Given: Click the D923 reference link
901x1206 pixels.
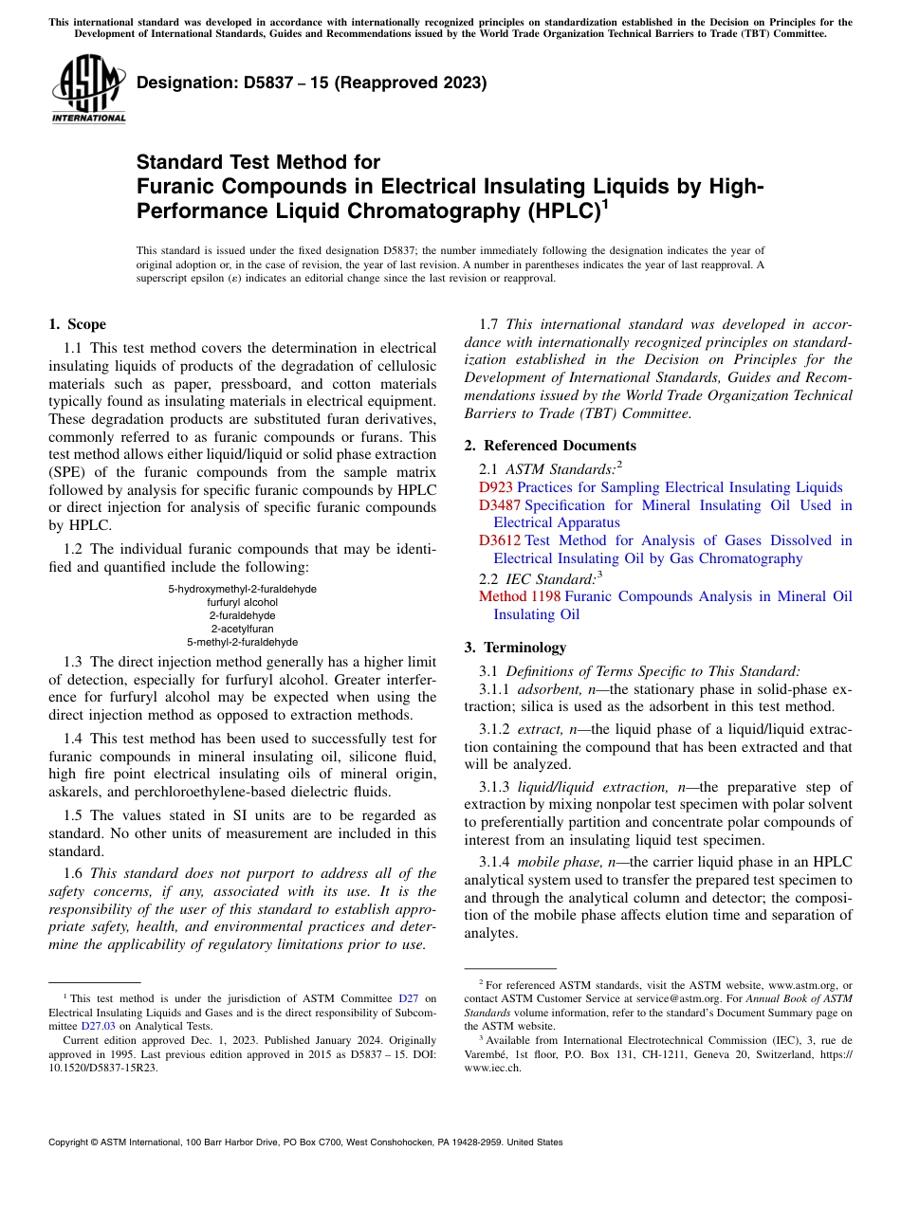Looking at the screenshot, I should pos(496,487).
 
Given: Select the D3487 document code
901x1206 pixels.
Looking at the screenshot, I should pos(500,505).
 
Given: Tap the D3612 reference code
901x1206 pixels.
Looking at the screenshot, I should pos(500,540).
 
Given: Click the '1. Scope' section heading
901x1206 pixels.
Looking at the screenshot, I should pos(77,324).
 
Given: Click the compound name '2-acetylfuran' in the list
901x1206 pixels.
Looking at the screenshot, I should pos(242,629).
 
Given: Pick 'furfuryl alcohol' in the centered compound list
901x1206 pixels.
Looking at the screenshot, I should pos(242,602).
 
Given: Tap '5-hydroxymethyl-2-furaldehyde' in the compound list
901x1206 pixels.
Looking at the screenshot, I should pos(242,589).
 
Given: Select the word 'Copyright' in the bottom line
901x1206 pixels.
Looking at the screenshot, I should pos(72,1142).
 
